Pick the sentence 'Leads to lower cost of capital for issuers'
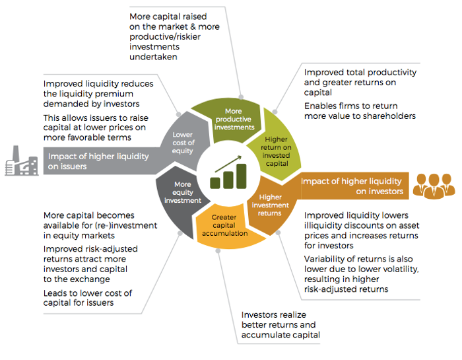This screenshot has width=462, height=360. click(x=88, y=298)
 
